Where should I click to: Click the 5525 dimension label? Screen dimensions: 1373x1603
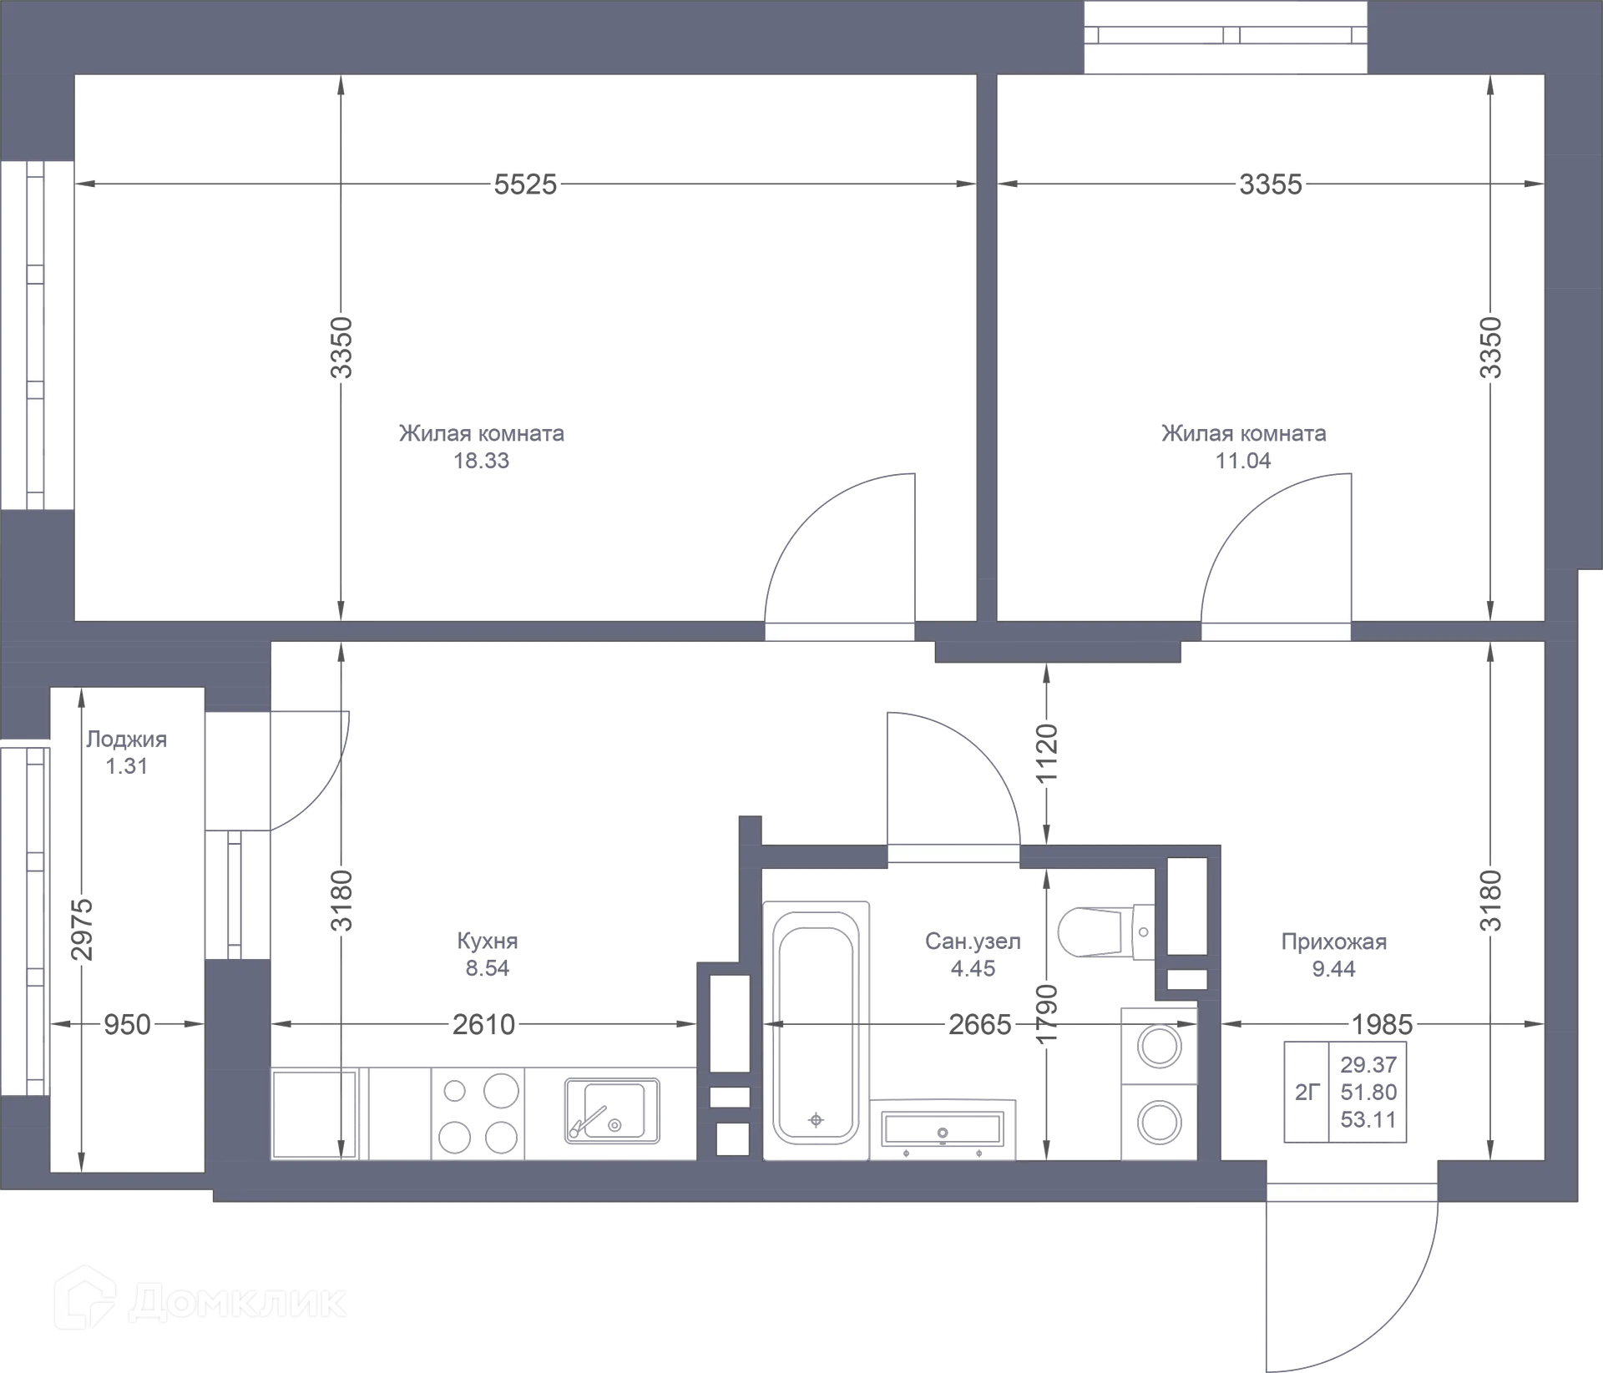click(x=524, y=184)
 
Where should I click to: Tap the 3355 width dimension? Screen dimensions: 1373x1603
click(x=1270, y=184)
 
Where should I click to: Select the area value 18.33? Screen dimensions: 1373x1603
click(x=482, y=461)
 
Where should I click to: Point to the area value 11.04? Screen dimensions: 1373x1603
click(x=1243, y=461)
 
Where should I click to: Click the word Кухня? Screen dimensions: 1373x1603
click(x=487, y=941)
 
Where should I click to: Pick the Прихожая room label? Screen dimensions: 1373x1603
click(x=1334, y=942)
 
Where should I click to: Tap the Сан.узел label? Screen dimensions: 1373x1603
click(x=972, y=941)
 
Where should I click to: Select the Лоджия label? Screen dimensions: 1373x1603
click(x=126, y=740)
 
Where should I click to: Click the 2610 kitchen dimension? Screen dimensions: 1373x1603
click(x=483, y=1022)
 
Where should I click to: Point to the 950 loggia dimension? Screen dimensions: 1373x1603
click(x=127, y=1023)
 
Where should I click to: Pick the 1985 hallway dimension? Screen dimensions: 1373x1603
click(x=1383, y=1022)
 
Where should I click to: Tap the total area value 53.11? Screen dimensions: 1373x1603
click(x=1368, y=1119)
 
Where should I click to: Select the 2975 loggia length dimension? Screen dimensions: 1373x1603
click(x=80, y=928)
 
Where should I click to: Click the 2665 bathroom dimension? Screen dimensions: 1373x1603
click(x=981, y=1022)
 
